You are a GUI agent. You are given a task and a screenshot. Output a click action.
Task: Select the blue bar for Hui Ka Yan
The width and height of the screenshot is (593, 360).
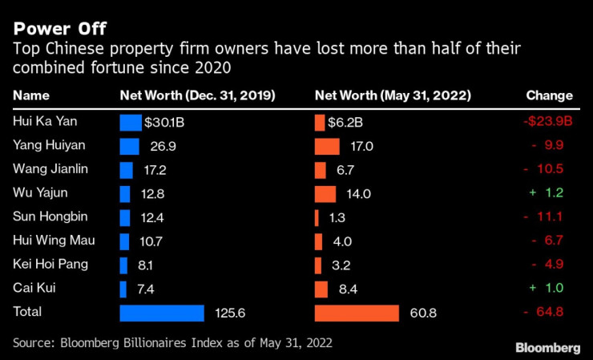pos(131,123)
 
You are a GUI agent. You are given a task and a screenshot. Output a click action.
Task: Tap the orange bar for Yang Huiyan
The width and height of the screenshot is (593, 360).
pos(327,147)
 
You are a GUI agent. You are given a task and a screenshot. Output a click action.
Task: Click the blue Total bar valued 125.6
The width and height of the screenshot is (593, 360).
pos(162,313)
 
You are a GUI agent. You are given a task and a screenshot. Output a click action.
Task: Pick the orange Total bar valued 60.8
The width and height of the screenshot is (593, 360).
pos(357,313)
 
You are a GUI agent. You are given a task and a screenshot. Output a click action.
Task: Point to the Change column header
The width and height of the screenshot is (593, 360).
pos(549,96)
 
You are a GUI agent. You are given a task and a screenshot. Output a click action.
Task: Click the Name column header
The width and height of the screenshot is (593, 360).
pos(31,96)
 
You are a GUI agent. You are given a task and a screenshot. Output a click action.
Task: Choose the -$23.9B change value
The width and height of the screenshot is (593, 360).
pos(547,123)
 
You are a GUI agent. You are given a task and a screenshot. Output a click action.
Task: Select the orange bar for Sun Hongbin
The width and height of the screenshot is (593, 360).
pos(317,217)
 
